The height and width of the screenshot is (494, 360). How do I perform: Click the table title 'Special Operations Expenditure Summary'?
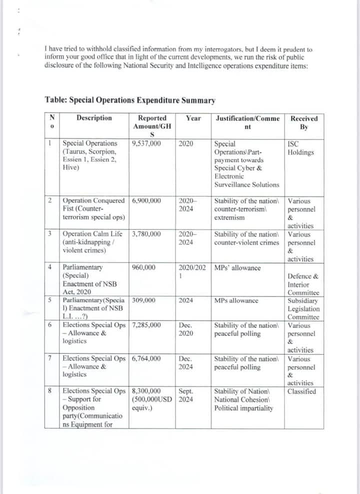point(130,100)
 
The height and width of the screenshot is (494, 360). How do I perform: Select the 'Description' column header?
point(94,118)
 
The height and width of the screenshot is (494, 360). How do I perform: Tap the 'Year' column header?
point(193,118)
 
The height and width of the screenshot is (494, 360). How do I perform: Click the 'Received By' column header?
point(304,122)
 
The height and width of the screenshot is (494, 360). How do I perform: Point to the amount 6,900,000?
point(146,201)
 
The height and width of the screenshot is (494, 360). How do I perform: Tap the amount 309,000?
point(143,300)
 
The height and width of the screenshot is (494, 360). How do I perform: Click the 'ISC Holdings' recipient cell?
point(301,148)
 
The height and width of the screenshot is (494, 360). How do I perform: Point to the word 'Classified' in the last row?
point(302,391)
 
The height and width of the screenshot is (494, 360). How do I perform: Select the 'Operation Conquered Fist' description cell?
point(94,209)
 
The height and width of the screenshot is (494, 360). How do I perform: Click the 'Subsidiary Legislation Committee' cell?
point(303,309)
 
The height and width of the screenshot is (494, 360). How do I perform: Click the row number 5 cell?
point(50,300)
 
